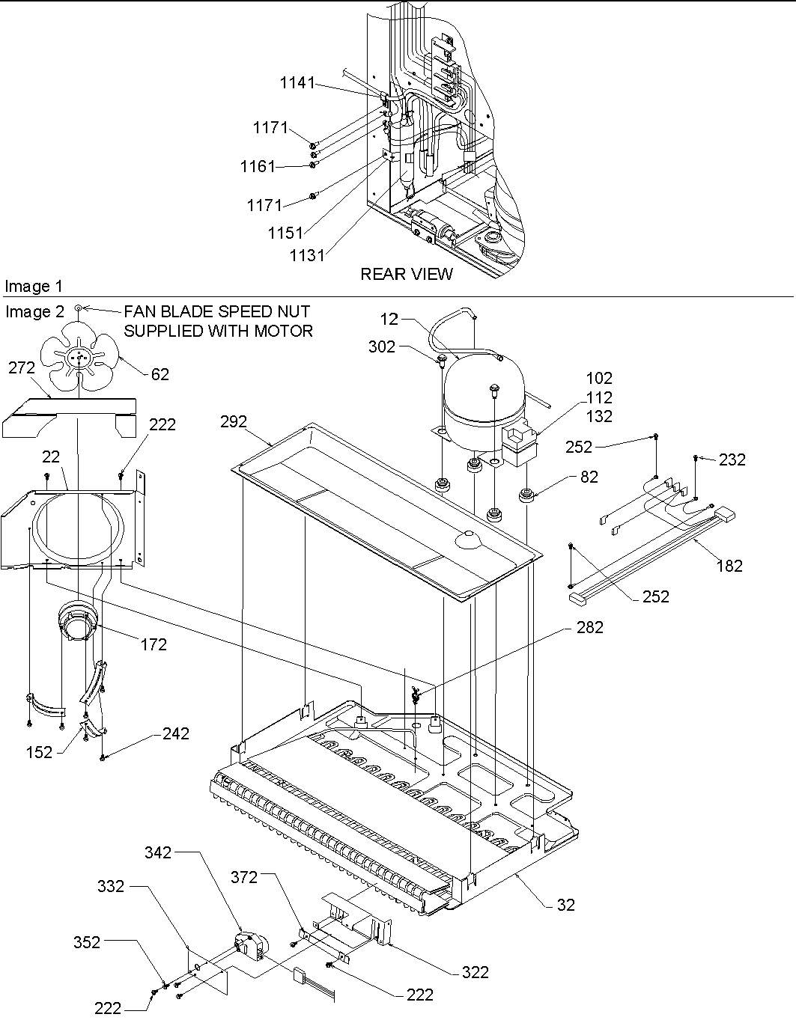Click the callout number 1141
(x=297, y=83)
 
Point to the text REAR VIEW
(x=407, y=274)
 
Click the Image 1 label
(x=34, y=286)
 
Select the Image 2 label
(x=34, y=312)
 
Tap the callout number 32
(x=566, y=905)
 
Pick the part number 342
(x=158, y=852)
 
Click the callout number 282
(x=589, y=628)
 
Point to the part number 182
(x=729, y=566)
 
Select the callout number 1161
(x=258, y=166)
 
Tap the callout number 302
(x=381, y=346)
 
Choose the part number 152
(x=39, y=753)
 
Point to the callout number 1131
(x=307, y=255)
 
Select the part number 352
(x=87, y=943)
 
